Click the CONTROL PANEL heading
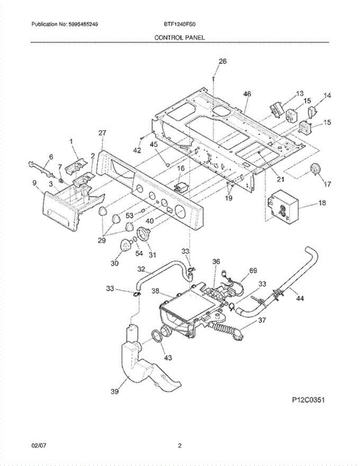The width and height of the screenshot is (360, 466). pos(179,38)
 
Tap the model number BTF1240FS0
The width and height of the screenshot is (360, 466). pos(179,24)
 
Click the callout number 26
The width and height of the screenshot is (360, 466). pos(223,61)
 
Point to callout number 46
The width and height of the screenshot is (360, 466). pos(247,94)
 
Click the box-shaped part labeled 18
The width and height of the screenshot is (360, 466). pos(283,207)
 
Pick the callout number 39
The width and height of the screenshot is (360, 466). pos(114,392)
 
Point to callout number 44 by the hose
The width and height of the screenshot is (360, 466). pos(300,299)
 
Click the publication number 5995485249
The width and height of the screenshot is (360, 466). pos(84,24)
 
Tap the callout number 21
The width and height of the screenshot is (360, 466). pos(280,179)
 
